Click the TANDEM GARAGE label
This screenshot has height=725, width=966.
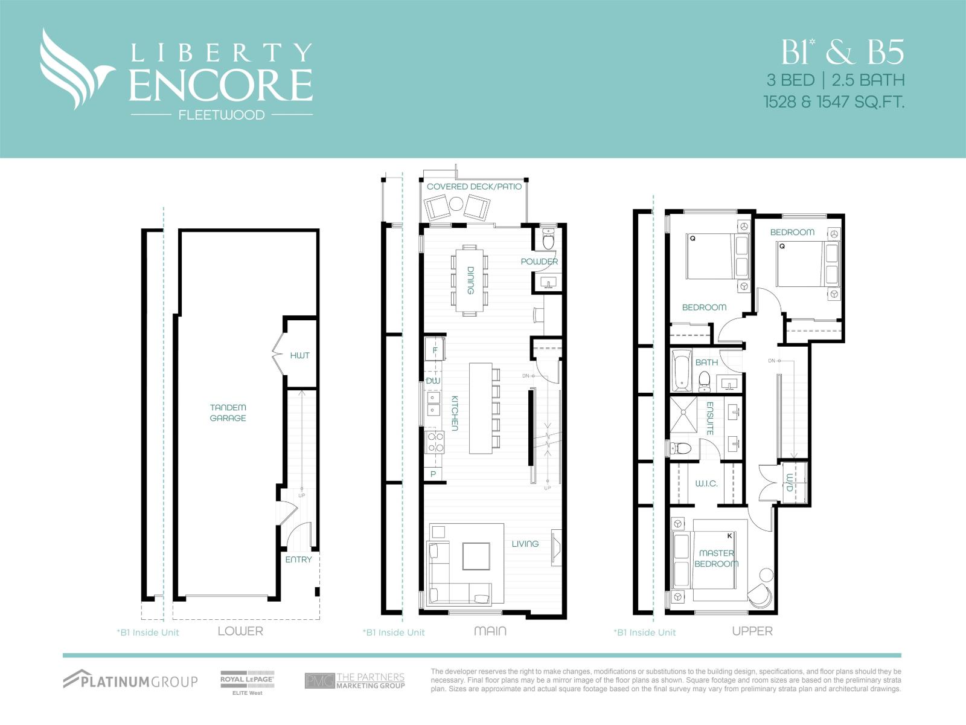(228, 413)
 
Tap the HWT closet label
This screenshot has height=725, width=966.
(299, 355)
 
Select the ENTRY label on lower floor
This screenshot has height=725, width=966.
(298, 559)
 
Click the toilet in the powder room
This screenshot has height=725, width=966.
(548, 240)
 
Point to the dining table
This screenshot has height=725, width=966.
(469, 280)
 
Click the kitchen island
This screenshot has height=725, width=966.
(481, 408)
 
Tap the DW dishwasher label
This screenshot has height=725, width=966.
(433, 381)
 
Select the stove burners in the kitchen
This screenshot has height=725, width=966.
(435, 442)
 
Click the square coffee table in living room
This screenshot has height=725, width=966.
(476, 556)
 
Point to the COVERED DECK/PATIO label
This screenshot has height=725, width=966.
(474, 186)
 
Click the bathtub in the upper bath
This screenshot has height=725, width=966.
(682, 370)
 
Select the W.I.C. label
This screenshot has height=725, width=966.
(706, 483)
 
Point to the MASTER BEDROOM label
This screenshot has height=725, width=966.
(717, 558)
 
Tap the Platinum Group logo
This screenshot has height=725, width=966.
(130, 680)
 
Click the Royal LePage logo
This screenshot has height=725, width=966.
(247, 682)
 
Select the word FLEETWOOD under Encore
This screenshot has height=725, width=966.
(222, 115)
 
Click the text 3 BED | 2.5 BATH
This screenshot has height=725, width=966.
(836, 80)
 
